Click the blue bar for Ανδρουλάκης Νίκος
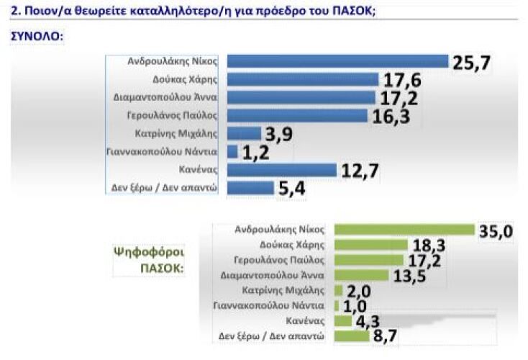point(337,61)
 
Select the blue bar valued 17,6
point(303,79)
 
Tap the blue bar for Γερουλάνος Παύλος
point(297,115)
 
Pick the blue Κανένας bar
point(282,170)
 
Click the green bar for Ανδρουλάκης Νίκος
point(404,230)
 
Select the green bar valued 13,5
point(361,275)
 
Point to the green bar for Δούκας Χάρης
point(370,245)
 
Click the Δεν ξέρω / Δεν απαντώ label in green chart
point(273,336)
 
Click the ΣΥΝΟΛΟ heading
point(36,35)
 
